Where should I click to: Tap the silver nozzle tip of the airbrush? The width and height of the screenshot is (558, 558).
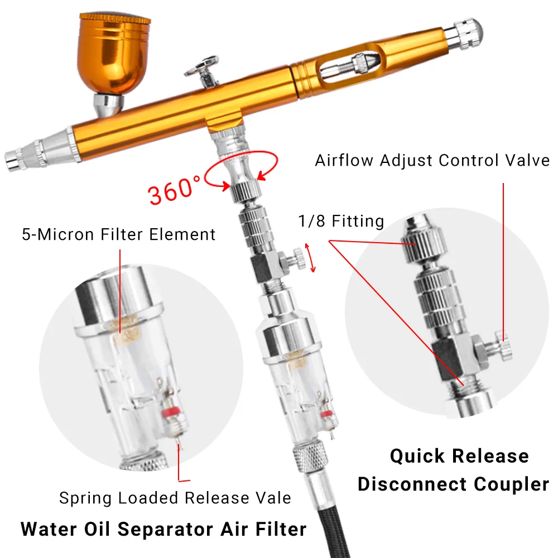pyautogui.click(x=14, y=160)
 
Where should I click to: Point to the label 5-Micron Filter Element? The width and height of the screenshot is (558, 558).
pyautogui.click(x=118, y=234)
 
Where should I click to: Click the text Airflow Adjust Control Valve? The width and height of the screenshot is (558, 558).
pyautogui.click(x=432, y=160)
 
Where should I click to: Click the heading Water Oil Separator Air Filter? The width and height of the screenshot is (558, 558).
pyautogui.click(x=163, y=528)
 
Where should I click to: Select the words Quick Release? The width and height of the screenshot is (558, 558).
pyautogui.click(x=459, y=456)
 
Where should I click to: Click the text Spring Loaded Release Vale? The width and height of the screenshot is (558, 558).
pyautogui.click(x=175, y=497)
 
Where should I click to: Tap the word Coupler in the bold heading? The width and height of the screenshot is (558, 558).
pyautogui.click(x=513, y=484)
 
